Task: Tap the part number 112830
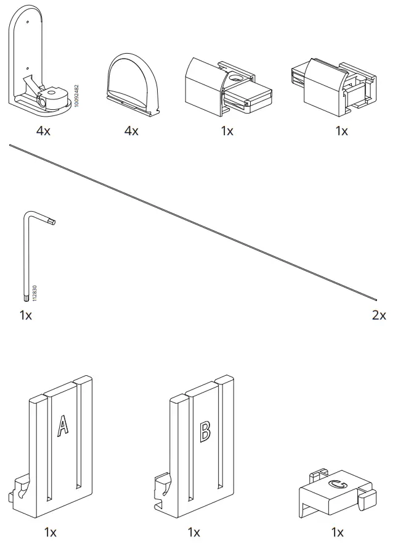point(35,293)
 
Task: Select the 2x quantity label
point(379,315)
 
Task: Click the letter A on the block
point(62,426)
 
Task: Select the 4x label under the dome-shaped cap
point(131,131)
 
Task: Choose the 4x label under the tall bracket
point(43,131)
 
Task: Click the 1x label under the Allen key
point(25,315)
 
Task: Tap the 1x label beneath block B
point(193,531)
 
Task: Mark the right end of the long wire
point(375,297)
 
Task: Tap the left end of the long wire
point(10,146)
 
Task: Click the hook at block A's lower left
point(20,490)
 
